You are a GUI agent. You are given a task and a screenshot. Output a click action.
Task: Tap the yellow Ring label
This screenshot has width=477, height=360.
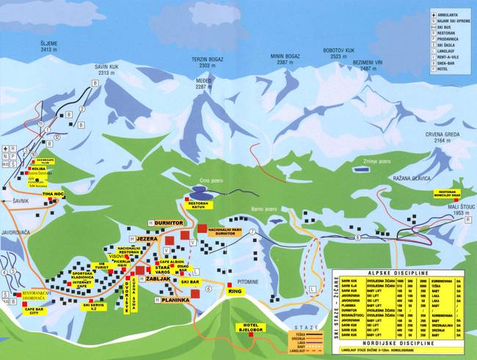click(x=235, y=291)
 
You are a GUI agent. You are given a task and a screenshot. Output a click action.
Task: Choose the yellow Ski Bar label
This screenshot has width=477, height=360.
click(x=190, y=281)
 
